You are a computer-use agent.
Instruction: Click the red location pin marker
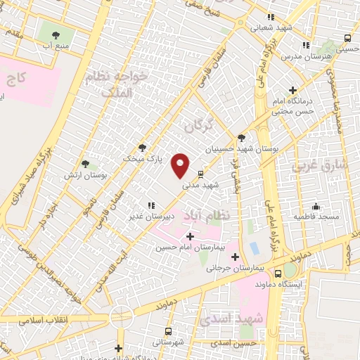(181, 165)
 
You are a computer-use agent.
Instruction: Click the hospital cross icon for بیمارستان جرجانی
(235, 257)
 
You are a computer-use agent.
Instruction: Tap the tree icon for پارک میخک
(143, 148)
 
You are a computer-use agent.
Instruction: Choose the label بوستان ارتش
(84, 174)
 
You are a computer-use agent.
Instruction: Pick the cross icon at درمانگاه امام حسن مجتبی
(292, 91)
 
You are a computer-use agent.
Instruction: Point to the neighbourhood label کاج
(18, 77)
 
